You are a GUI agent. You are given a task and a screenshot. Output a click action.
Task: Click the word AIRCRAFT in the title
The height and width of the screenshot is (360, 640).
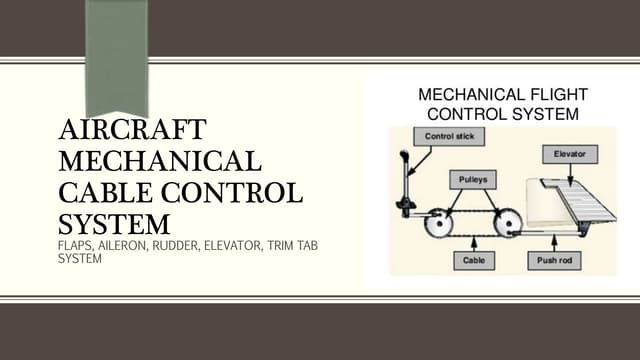[133, 131]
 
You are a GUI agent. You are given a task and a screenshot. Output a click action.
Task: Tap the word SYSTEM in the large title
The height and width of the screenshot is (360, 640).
[114, 221]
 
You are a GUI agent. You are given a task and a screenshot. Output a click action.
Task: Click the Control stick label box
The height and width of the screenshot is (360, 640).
[449, 136]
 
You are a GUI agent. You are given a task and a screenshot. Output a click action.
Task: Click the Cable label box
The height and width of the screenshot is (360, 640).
[472, 259]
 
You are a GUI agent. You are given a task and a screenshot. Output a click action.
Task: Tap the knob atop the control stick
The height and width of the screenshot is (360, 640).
[403, 158]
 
